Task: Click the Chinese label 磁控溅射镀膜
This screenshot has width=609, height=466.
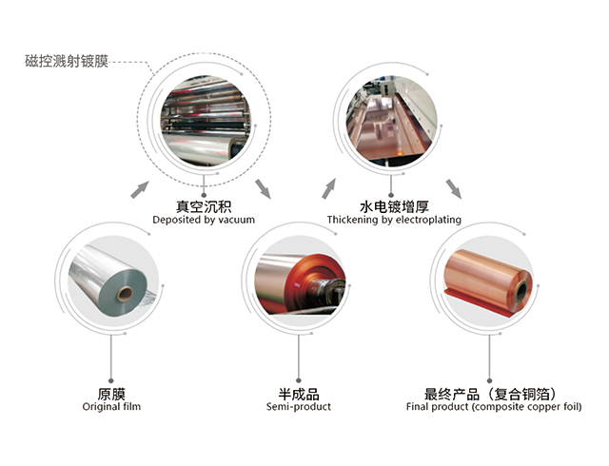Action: point(68,64)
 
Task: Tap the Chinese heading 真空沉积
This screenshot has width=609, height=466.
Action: point(204,205)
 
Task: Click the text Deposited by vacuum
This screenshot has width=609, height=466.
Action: point(204,220)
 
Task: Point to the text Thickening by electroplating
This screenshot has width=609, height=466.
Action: point(394,220)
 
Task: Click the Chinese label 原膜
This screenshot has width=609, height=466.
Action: point(111,393)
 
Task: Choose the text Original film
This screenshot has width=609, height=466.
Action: point(111,407)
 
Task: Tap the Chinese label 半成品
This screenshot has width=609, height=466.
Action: point(299,393)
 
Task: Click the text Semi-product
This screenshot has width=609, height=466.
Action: point(299,407)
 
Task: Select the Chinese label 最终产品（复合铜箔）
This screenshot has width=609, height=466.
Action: point(490,393)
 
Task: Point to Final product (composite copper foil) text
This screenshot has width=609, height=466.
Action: point(490,407)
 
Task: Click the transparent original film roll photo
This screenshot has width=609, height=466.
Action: point(111,281)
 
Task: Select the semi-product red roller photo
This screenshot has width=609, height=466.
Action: point(299,281)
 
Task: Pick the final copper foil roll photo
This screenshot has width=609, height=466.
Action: point(488,281)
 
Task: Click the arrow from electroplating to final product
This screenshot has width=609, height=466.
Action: point(454,187)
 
